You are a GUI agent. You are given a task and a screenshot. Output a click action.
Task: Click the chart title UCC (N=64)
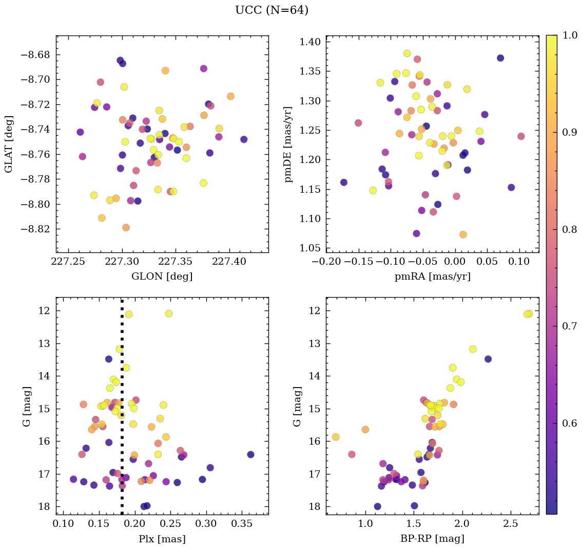[x=271, y=10]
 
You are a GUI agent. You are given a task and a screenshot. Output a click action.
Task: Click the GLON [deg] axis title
[x=162, y=277]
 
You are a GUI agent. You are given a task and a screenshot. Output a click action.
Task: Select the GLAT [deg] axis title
[x=9, y=144]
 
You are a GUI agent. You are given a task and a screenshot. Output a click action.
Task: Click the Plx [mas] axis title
[x=162, y=539]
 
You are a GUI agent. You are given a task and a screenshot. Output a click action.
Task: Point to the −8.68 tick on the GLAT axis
[x=39, y=54]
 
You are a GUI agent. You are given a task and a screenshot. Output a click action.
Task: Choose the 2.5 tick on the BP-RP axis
[x=511, y=524]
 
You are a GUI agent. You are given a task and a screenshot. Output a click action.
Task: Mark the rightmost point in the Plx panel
[x=250, y=454]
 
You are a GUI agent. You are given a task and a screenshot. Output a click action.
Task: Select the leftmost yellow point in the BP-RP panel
[x=336, y=437]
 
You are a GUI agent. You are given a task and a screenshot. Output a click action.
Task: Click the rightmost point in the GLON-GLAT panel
[x=244, y=139]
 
